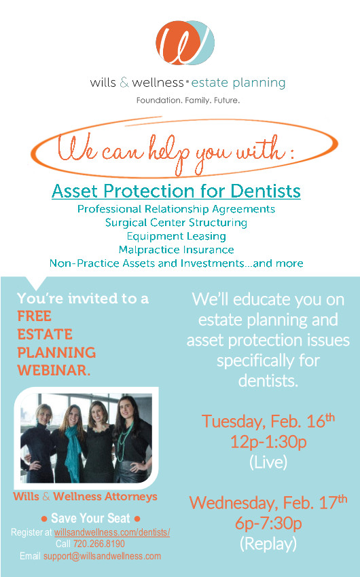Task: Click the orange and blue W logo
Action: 185,43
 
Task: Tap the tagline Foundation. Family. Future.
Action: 188,100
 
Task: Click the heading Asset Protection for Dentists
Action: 176,191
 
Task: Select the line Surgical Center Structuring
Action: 176,223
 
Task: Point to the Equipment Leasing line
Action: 177,236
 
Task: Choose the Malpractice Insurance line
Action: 177,250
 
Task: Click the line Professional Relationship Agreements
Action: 176,209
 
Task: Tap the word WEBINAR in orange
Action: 54,370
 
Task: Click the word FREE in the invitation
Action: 34,316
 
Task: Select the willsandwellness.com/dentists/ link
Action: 112,532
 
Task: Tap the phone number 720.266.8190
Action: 99,544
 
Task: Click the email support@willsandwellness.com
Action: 103,556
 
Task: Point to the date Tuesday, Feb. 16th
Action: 268,421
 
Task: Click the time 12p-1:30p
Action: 268,442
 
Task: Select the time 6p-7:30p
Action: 268,523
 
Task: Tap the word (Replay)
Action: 268,544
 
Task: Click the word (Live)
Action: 268,462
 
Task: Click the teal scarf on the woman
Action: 73,453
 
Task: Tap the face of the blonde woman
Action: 43,415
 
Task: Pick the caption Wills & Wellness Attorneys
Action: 85,496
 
